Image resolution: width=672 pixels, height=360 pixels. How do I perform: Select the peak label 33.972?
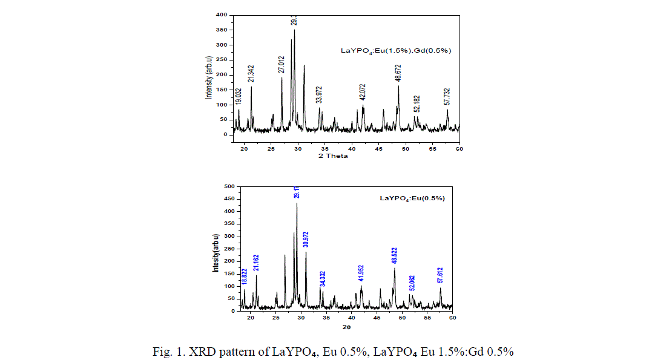319,94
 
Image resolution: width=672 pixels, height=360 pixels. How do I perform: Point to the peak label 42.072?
363,91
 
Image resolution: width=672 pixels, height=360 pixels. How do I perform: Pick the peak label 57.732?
447,96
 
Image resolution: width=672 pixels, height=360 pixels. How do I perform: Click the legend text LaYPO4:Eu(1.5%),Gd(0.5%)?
396,51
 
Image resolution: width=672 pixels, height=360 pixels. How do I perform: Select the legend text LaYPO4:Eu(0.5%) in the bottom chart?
412,198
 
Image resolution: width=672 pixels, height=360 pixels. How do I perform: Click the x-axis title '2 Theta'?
333,155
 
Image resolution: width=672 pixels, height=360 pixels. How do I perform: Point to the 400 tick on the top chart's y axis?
222,15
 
